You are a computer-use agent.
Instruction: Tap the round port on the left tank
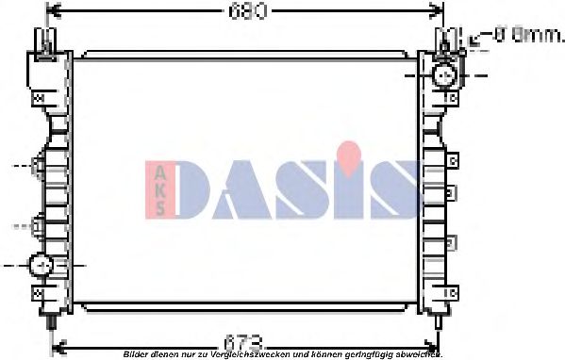coord(41,266)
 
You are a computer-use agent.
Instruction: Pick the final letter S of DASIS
coord(393,189)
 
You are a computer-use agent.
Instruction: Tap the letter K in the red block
coord(158,189)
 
